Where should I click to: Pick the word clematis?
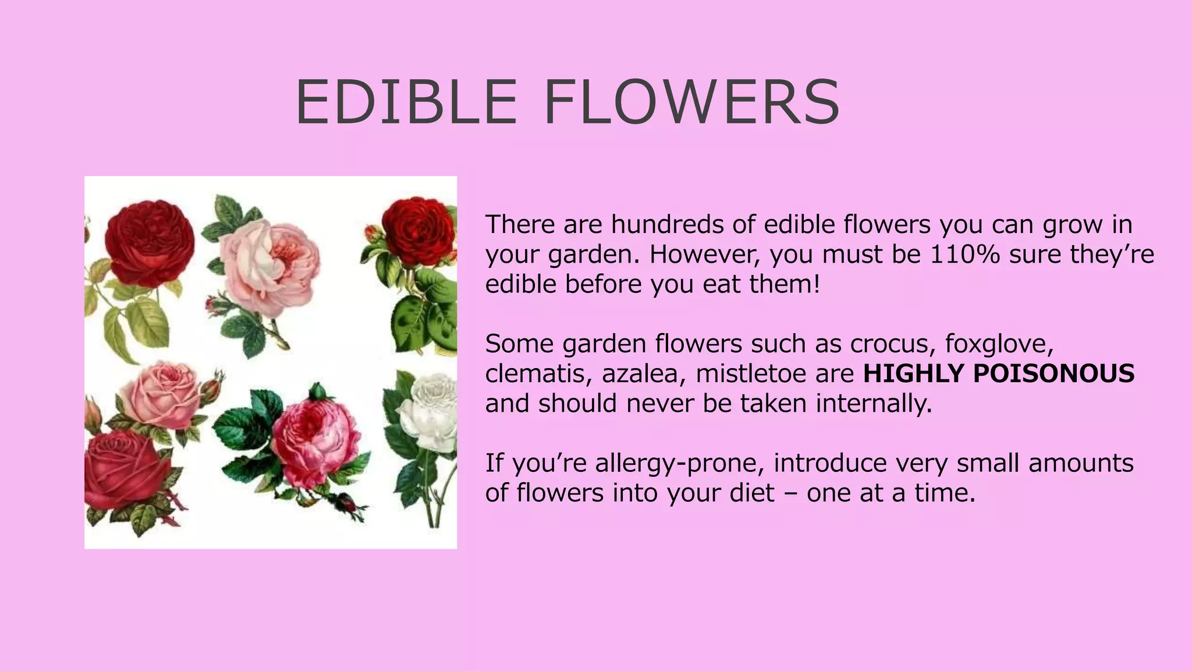(x=534, y=373)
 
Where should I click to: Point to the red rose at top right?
(x=418, y=232)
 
